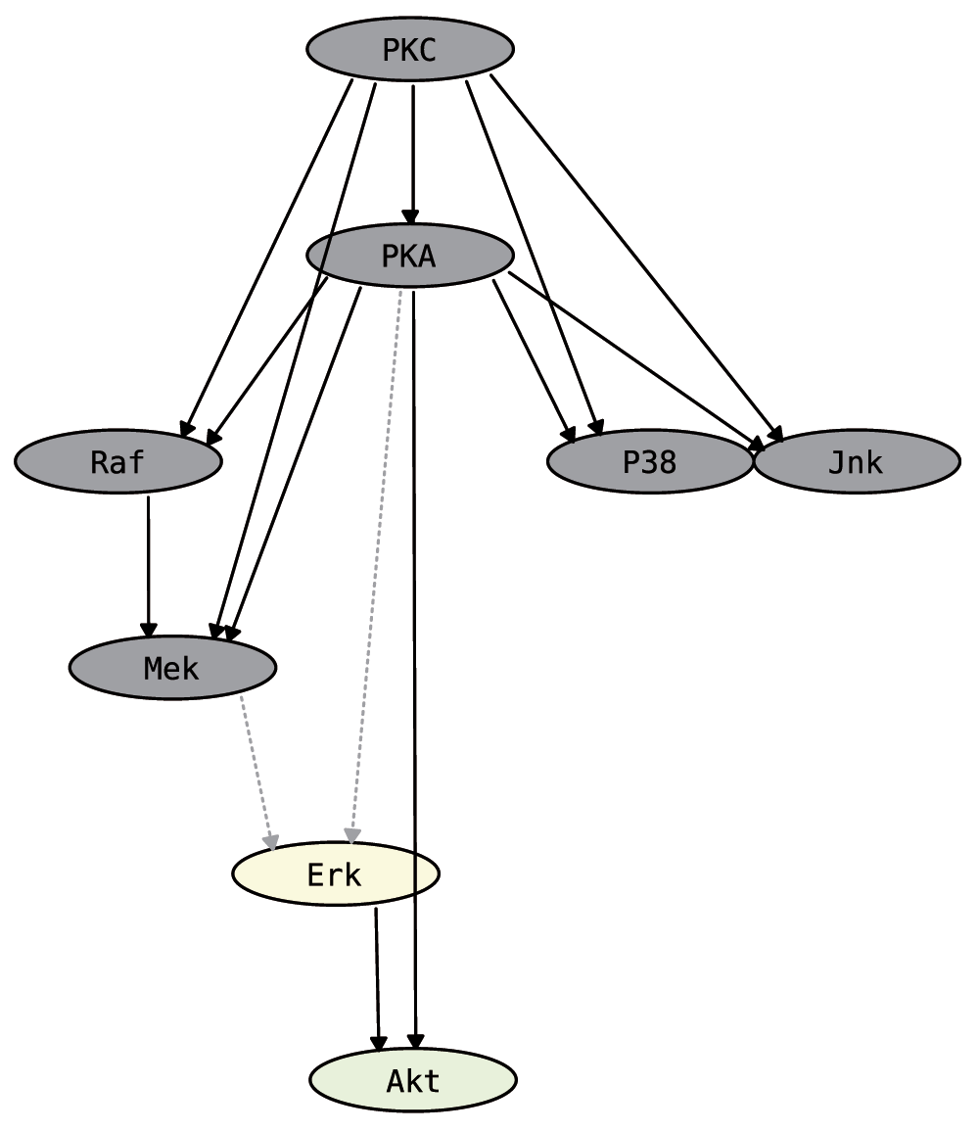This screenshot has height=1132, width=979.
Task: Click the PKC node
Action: click(x=410, y=49)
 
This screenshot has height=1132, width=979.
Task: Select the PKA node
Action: click(x=410, y=256)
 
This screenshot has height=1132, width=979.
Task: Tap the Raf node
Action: click(x=118, y=461)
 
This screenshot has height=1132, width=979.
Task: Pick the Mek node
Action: click(x=172, y=668)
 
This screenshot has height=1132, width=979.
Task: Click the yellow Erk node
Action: click(x=335, y=873)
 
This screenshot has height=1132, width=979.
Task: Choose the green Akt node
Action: click(x=413, y=1080)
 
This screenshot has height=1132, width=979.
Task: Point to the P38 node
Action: click(x=650, y=461)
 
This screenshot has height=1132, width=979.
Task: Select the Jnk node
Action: click(x=857, y=461)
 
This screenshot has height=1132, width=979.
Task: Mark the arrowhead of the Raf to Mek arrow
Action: click(x=149, y=630)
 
